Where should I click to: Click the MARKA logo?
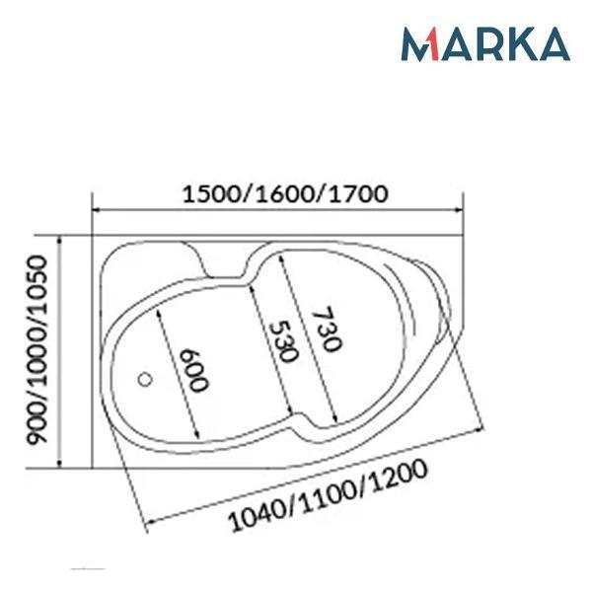[x=485, y=43]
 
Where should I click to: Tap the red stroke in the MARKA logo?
[x=433, y=44]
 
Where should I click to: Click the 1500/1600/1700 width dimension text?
[x=285, y=194]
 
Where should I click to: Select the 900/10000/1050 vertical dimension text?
[x=37, y=349]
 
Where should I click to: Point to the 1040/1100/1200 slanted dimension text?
[x=328, y=495]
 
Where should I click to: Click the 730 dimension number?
[x=327, y=329]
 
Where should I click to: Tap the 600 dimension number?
[x=193, y=371]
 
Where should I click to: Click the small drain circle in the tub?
[x=145, y=379]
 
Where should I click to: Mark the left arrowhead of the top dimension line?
[x=95, y=210]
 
